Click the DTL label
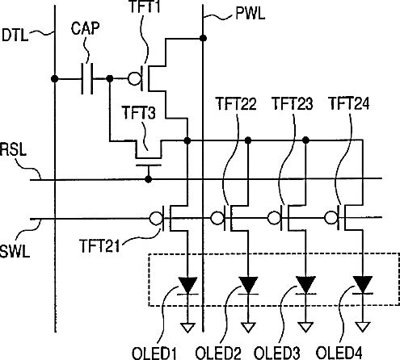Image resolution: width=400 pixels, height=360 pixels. tap(15, 36)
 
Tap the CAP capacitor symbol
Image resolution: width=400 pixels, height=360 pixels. tap(87, 78)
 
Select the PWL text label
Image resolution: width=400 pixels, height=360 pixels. tap(251, 13)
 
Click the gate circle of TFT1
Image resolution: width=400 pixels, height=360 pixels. tap(134, 78)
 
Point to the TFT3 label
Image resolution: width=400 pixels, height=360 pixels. tap(139, 112)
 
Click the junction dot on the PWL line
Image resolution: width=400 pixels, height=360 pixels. tap(204, 38)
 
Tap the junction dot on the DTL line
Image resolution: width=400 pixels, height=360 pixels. tap(55, 79)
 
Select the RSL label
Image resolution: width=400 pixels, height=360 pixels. tap(13, 149)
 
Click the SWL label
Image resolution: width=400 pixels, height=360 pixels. tap(15, 251)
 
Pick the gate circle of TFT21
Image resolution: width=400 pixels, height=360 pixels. tap(156, 218)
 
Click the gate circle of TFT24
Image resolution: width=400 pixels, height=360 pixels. tap(331, 217)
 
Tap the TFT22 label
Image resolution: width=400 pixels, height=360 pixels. tap(237, 104)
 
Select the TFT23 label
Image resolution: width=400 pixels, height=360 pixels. tap(293, 103)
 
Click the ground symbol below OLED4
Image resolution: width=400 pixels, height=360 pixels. tap(363, 327)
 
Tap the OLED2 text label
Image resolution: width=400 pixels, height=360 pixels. tap(218, 354)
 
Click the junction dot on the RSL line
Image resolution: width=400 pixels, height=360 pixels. tap(148, 179)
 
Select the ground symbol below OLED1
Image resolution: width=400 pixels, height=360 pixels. tap(187, 328)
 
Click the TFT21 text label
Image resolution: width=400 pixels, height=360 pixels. tap(99, 245)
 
